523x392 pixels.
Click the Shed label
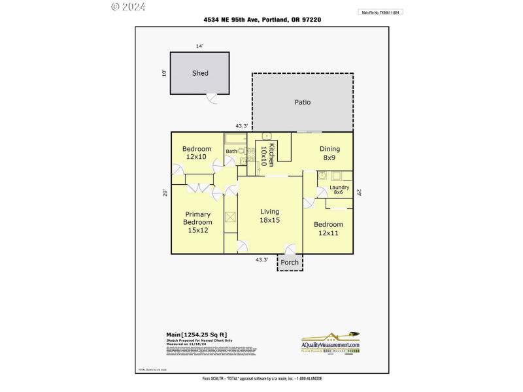pyautogui.click(x=200, y=73)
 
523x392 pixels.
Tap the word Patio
pyautogui.click(x=302, y=102)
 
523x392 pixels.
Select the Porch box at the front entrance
pyautogui.click(x=290, y=263)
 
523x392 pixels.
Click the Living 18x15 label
pyautogui.click(x=269, y=216)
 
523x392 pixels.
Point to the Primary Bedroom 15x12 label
pyautogui.click(x=197, y=222)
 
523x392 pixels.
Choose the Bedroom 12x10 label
pyautogui.click(x=196, y=153)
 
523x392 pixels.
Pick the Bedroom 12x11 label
pyautogui.click(x=328, y=229)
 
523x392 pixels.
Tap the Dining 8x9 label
pyautogui.click(x=329, y=153)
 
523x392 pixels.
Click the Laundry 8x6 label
pyautogui.click(x=338, y=189)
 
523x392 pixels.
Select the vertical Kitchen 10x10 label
pyautogui.click(x=267, y=155)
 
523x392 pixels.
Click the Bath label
pyautogui.click(x=231, y=152)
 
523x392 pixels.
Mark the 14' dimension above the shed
pyautogui.click(x=199, y=46)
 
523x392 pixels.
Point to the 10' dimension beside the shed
pyautogui.click(x=164, y=73)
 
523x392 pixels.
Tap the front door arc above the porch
pyautogui.click(x=290, y=249)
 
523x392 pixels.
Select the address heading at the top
pyautogui.click(x=261, y=20)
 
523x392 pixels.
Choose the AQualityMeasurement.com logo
pyautogui.click(x=330, y=342)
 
